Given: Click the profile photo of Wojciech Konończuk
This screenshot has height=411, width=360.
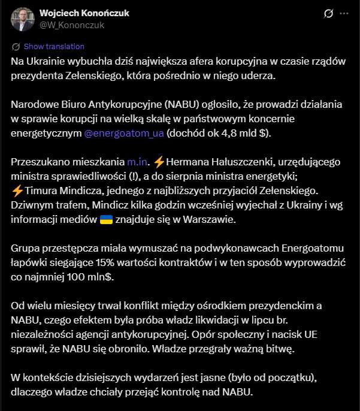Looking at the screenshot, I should pyautogui.click(x=22, y=19).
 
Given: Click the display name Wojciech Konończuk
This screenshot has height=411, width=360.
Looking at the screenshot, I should pyautogui.click(x=84, y=13).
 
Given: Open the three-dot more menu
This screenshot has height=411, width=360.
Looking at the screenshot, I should pyautogui.click(x=344, y=13).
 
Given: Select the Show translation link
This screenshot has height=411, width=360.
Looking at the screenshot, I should pyautogui.click(x=53, y=47).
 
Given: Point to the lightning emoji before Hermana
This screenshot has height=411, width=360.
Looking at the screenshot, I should pyautogui.click(x=159, y=161).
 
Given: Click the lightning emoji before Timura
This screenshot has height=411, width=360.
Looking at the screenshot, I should pyautogui.click(x=17, y=191).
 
